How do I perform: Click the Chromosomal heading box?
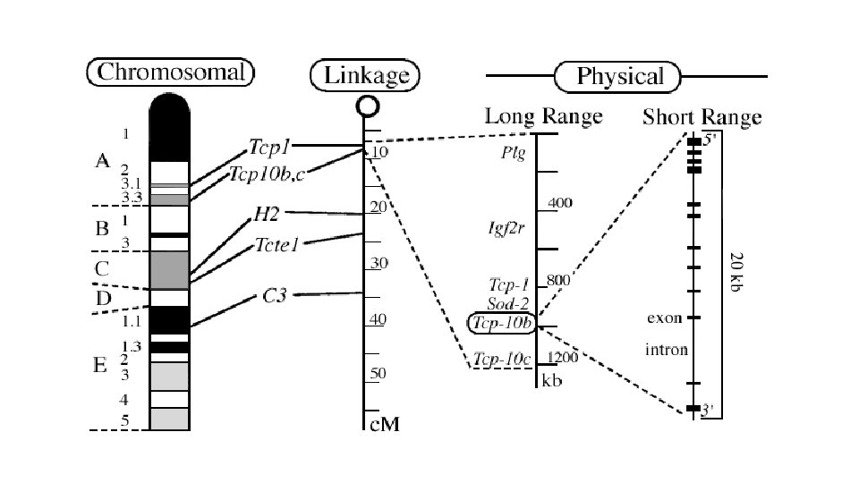(x=170, y=72)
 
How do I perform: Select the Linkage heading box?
(x=365, y=75)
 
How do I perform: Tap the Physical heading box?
(x=620, y=76)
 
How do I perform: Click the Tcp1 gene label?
(x=271, y=146)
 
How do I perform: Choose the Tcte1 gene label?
(x=276, y=243)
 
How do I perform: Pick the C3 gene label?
(x=275, y=295)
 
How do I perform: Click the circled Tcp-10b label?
(x=502, y=323)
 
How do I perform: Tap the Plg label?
(x=513, y=154)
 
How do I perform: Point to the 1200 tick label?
(x=564, y=358)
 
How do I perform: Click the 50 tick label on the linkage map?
(x=380, y=373)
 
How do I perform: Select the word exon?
(x=664, y=318)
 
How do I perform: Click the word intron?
(x=667, y=350)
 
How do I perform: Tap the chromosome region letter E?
(x=101, y=364)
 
